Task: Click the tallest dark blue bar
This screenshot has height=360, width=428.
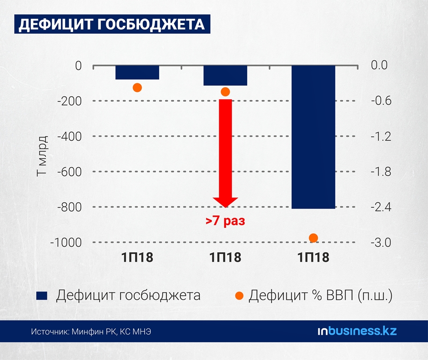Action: point(313,137)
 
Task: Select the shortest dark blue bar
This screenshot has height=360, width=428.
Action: point(137,73)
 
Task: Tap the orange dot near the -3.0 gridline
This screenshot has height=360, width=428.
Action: point(313,238)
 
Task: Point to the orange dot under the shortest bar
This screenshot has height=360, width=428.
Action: point(137,88)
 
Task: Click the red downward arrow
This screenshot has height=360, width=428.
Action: point(225,153)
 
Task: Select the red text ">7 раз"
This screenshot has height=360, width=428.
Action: point(225,221)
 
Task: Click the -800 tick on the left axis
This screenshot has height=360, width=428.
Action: point(70,207)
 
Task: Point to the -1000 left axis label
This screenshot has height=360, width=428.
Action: point(66,242)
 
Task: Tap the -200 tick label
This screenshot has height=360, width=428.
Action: point(70,101)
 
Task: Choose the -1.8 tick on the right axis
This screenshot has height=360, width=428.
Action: point(381,172)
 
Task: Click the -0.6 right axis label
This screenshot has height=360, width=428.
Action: point(381,101)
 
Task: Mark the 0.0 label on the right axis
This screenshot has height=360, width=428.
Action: point(379,65)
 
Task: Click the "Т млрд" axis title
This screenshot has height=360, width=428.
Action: point(42,156)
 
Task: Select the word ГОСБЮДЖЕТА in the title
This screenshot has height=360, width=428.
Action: point(151,24)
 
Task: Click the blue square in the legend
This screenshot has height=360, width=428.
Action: point(42,296)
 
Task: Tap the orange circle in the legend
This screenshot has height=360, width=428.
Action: point(239,295)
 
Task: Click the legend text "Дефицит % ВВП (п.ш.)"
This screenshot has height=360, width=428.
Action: point(320,295)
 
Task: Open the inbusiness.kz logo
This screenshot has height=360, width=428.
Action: point(357,331)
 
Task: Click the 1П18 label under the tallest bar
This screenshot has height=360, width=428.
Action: point(313,257)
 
